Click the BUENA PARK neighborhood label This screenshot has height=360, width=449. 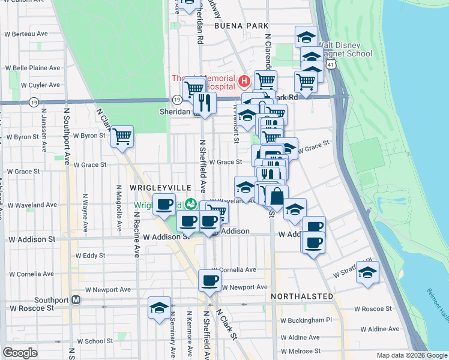pyautogui.click(x=243, y=26)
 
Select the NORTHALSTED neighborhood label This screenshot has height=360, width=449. pyautogui.click(x=301, y=296)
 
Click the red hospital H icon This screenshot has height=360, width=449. pyautogui.click(x=244, y=80)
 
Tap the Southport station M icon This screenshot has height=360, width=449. pyautogui.click(x=76, y=299)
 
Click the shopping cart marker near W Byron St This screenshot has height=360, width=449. pyautogui.click(x=122, y=137)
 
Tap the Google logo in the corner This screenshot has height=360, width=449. pyautogui.click(x=20, y=353)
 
